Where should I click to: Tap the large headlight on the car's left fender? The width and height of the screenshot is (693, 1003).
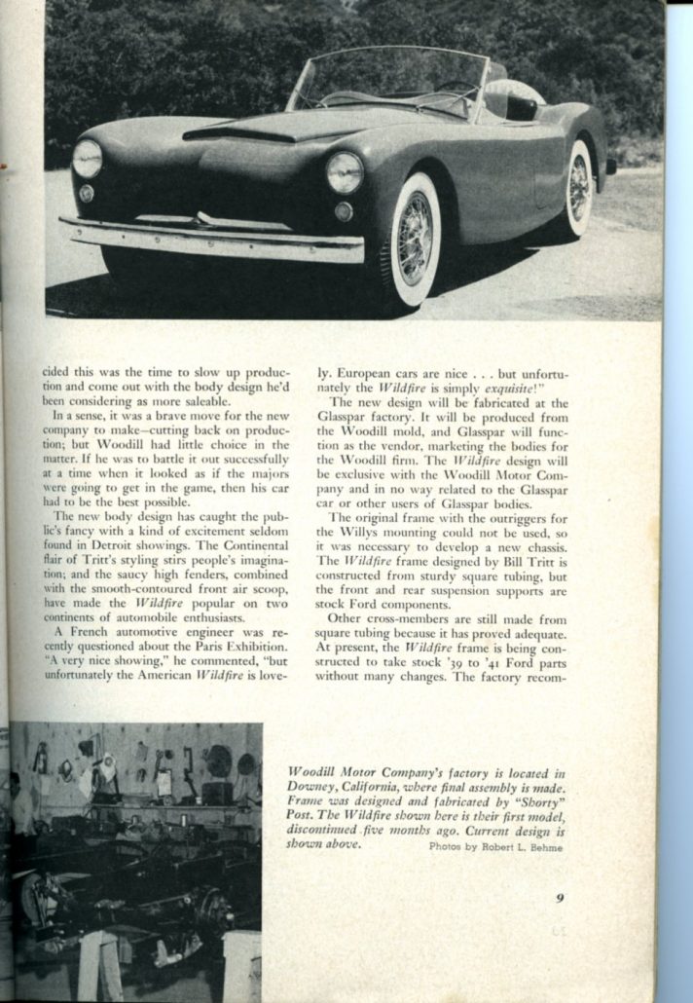[x=88, y=158]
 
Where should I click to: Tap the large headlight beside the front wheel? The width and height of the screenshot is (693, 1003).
[x=344, y=171]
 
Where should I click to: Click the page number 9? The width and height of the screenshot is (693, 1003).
[x=561, y=898]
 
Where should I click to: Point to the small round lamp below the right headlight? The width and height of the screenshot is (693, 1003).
[x=343, y=211]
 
